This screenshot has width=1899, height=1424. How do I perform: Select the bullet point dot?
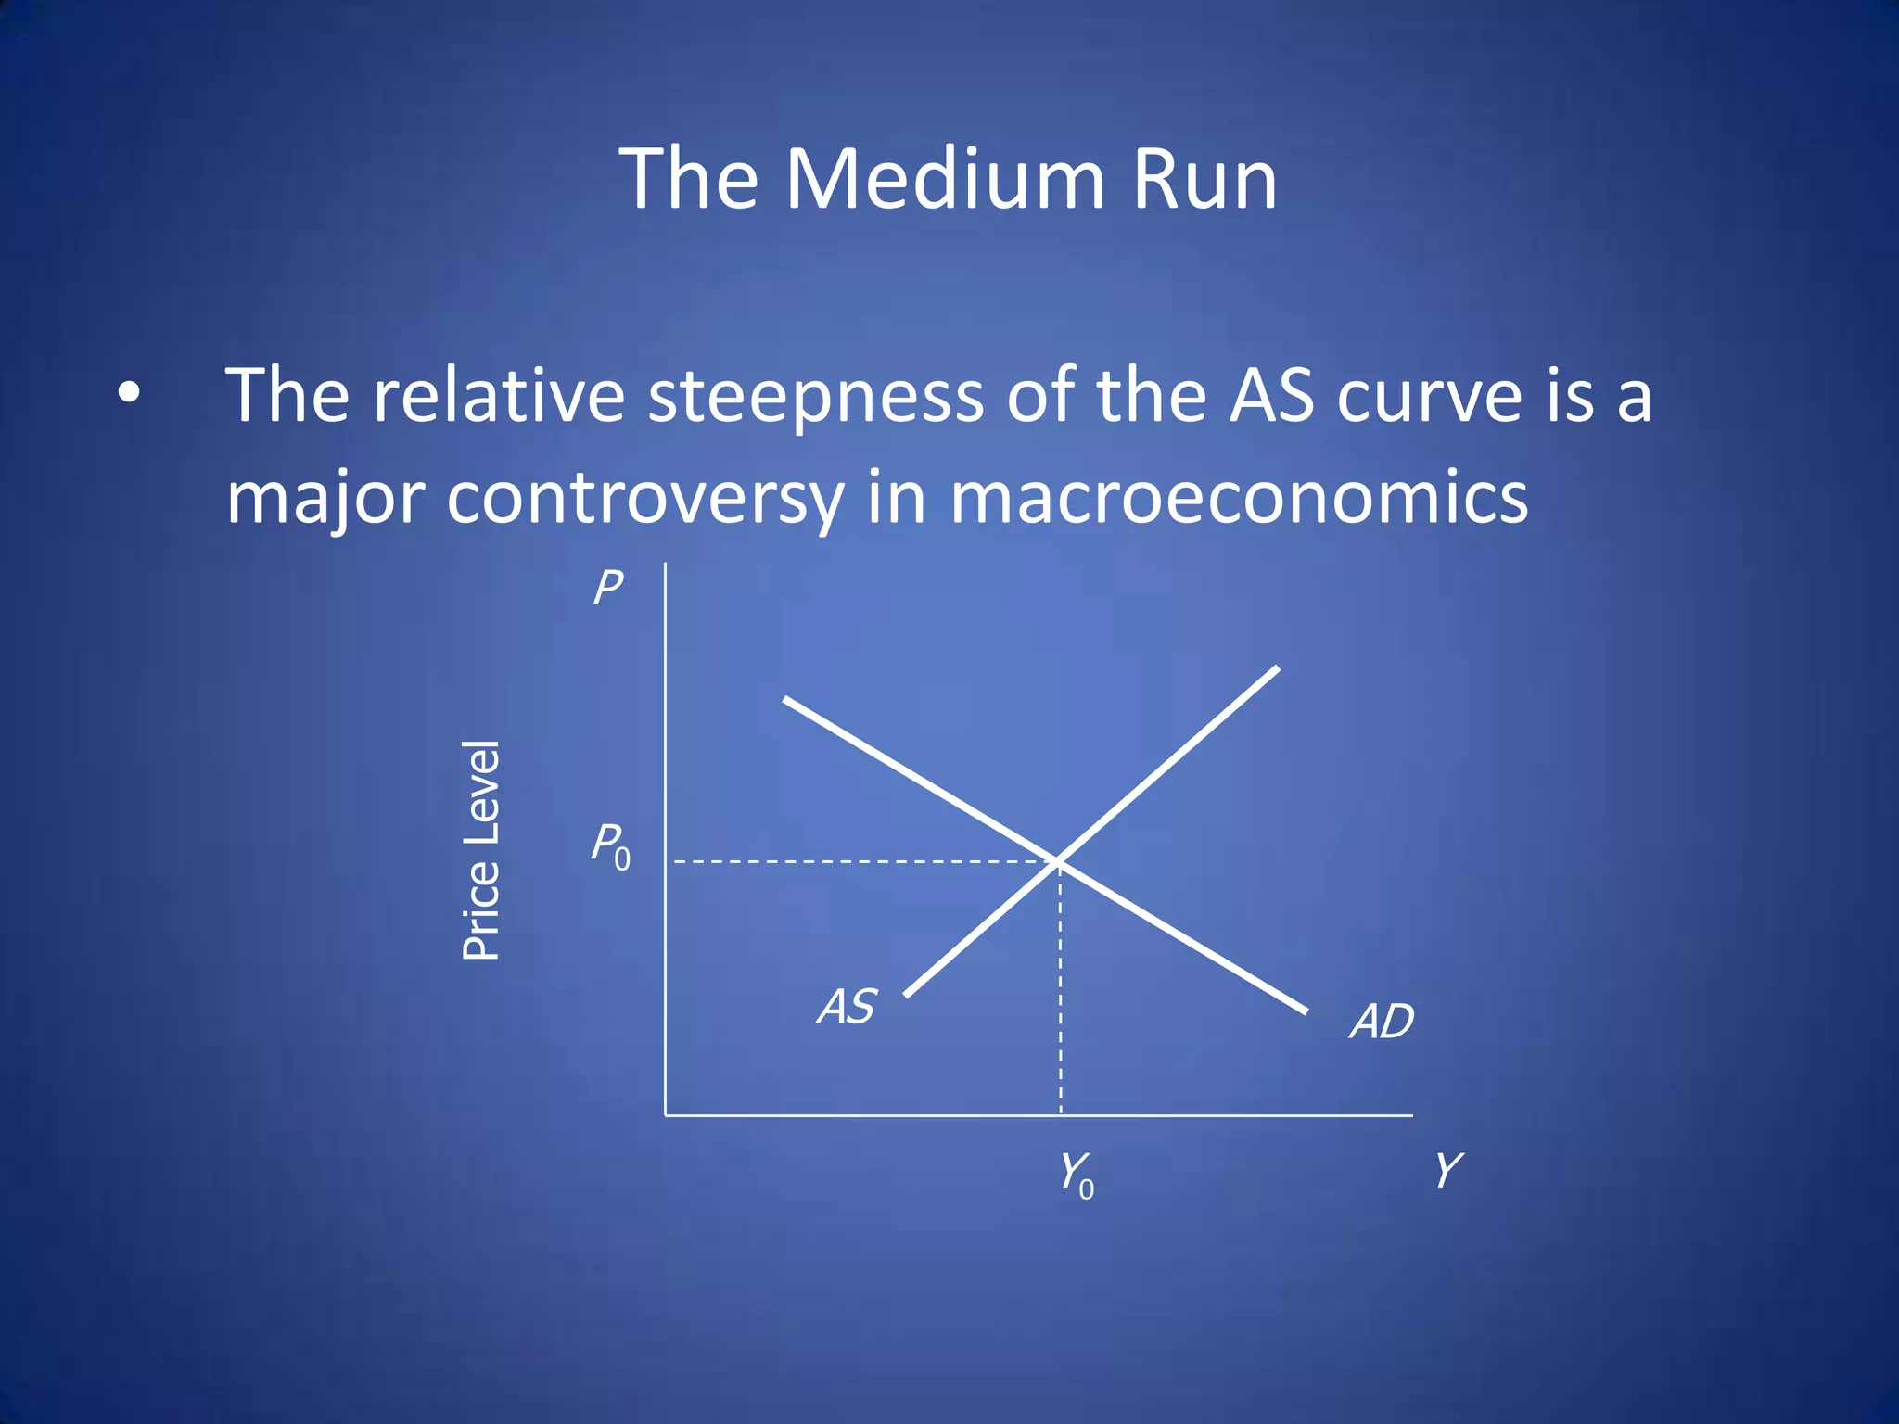tap(129, 393)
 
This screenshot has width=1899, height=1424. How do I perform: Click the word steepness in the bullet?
tap(815, 397)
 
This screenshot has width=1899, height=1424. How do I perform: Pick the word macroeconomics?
tap(1239, 497)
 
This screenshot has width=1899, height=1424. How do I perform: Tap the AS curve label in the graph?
tap(846, 1007)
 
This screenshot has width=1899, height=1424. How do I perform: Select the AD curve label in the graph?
tap(1382, 1022)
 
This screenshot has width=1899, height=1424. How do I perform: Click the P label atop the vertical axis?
tap(608, 588)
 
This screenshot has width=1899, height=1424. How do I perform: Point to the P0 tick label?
tap(611, 846)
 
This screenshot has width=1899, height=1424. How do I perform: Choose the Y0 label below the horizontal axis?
tap(1077, 1175)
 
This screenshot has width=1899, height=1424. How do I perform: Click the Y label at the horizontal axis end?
tap(1447, 1170)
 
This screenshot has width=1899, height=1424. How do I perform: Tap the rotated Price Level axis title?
tap(481, 850)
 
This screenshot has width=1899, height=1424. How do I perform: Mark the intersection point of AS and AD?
tap(1059, 862)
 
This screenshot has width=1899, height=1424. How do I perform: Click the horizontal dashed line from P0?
tap(862, 862)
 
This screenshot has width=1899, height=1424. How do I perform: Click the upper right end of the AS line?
tap(1275, 669)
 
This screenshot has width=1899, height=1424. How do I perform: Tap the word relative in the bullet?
tap(499, 397)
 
